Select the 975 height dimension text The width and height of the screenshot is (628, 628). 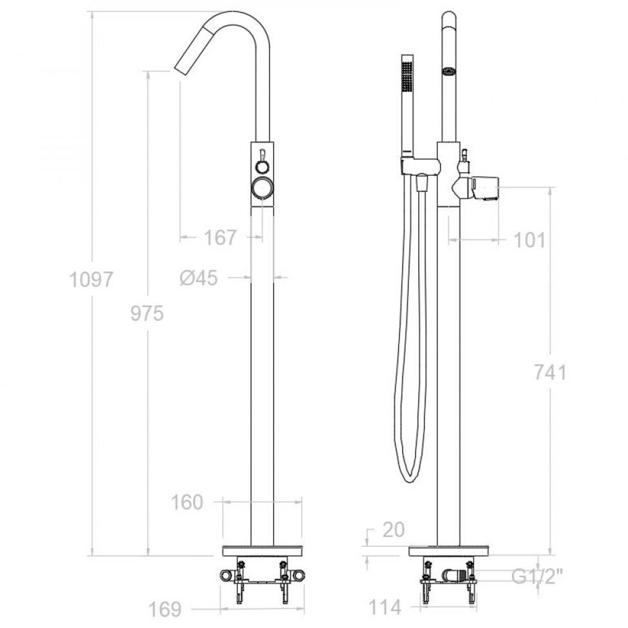coord(147,314)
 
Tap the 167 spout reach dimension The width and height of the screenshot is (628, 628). coord(219,238)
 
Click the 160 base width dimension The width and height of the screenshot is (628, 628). coord(187,502)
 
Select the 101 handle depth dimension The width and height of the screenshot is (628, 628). coord(529,241)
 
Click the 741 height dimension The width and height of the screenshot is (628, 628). coord(550,373)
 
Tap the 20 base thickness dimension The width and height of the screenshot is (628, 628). coord(392,530)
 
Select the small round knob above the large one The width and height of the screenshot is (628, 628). coord(262,166)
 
